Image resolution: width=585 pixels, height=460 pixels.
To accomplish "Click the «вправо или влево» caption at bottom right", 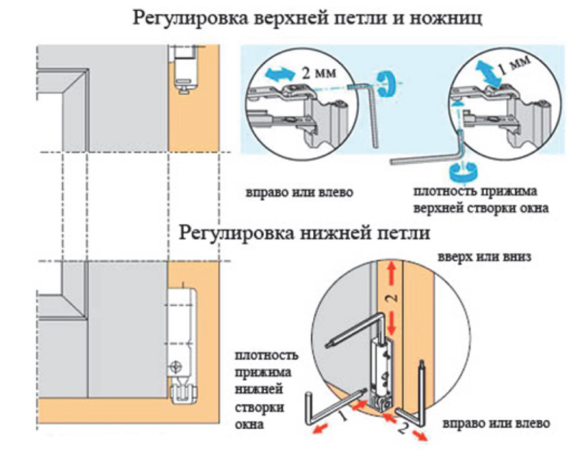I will pyautogui.click(x=496, y=424).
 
